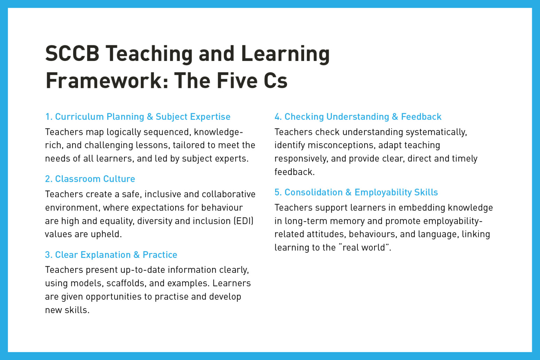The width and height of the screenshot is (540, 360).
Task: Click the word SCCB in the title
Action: (72, 54)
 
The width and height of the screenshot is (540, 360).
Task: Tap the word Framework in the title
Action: (103, 81)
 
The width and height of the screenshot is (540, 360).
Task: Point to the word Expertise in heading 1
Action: (210, 117)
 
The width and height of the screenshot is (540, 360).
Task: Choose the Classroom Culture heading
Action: (90, 179)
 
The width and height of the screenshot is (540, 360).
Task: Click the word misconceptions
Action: (342, 145)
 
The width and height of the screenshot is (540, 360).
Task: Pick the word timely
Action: (464, 159)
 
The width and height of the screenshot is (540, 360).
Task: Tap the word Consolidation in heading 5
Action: (314, 192)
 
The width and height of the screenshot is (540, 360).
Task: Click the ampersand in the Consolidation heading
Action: (349, 192)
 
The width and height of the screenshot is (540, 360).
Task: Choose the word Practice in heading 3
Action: (160, 255)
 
